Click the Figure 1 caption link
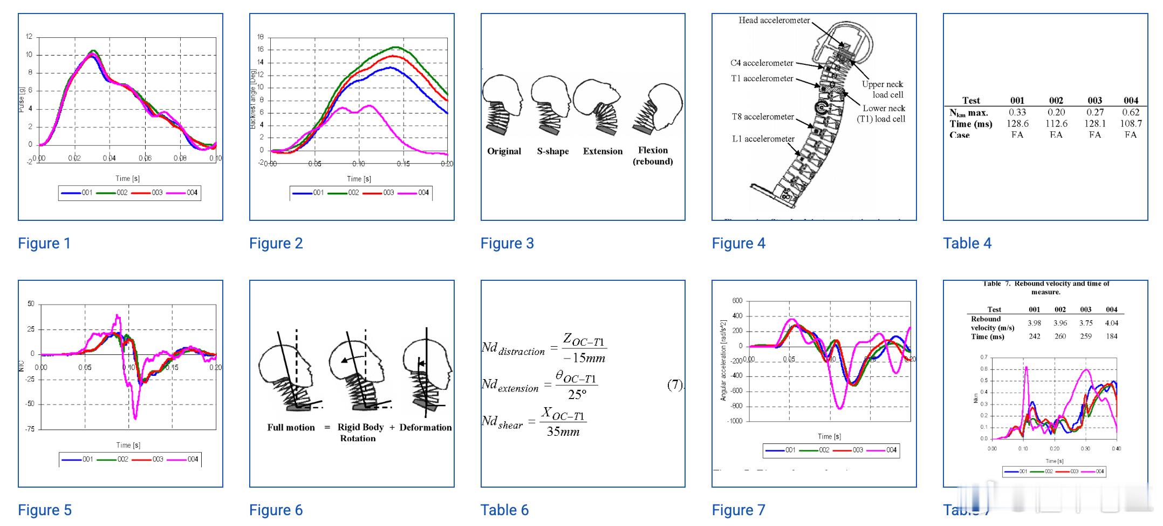point(44,243)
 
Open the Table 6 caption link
point(504,510)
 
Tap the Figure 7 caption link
point(738,510)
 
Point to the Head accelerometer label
point(774,21)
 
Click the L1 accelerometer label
point(763,139)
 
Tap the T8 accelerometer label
point(762,117)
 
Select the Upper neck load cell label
point(882,89)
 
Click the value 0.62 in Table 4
point(1130,112)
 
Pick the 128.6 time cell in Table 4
point(1017,124)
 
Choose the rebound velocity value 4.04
point(1111,323)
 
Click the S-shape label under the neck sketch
point(552,151)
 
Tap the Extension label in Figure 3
point(603,151)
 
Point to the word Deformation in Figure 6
point(425,427)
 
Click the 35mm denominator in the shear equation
point(563,431)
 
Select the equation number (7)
point(674,385)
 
